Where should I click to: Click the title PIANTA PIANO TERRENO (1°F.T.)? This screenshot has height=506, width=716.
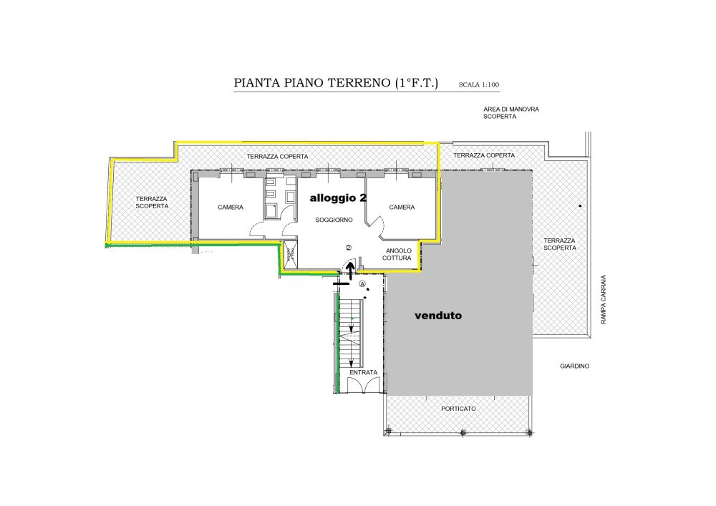[x=336, y=83]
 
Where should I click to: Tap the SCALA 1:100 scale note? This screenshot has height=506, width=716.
[x=478, y=84]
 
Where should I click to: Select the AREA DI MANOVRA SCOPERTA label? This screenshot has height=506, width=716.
[x=511, y=112]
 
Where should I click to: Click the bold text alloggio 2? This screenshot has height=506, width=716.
[x=339, y=198]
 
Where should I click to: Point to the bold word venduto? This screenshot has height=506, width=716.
[x=438, y=316]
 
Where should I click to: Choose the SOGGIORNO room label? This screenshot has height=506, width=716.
[x=334, y=220]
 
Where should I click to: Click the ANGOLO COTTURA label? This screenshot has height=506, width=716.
[x=398, y=254]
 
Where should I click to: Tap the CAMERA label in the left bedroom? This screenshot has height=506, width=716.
[x=231, y=207]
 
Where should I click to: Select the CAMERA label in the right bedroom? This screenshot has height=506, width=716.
[x=402, y=207]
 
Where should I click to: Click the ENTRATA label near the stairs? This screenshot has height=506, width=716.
[x=364, y=372]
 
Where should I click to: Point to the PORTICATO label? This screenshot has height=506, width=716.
[x=458, y=409]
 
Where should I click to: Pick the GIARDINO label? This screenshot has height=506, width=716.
[x=574, y=366]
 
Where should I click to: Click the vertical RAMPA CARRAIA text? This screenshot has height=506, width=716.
[x=603, y=299]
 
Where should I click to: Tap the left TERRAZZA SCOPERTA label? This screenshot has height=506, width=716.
[x=152, y=203]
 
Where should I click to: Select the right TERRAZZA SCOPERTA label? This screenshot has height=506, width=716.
[x=560, y=244]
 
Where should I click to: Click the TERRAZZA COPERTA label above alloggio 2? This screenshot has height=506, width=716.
[x=277, y=157]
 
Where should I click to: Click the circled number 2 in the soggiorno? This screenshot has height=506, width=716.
[x=349, y=248]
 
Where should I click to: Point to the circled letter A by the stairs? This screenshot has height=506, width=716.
[x=362, y=284]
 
